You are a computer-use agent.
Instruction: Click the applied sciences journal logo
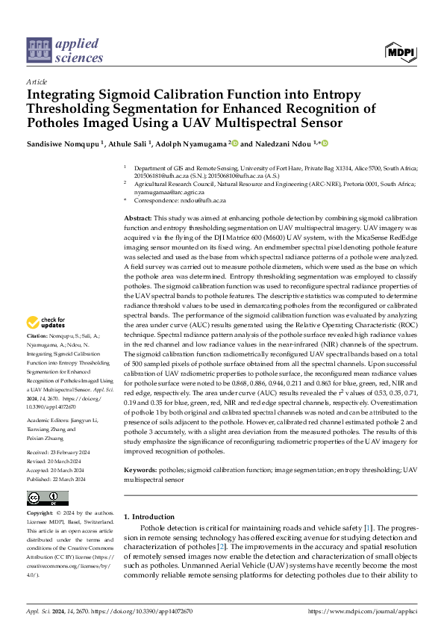66,49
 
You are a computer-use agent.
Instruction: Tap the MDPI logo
400,51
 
